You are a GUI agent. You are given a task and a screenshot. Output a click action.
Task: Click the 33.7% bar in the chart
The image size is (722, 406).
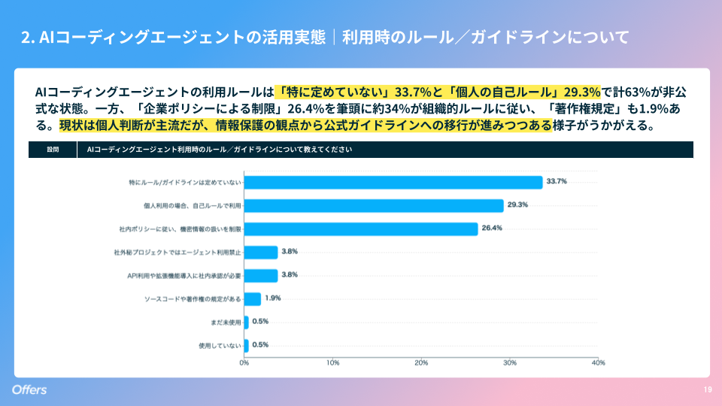(393, 182)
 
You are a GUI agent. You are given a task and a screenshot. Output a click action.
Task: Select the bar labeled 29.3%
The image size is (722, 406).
(374, 205)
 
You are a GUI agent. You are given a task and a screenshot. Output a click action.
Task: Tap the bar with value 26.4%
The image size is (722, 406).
(361, 229)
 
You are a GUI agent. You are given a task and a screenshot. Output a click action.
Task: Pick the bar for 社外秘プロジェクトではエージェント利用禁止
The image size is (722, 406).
(261, 252)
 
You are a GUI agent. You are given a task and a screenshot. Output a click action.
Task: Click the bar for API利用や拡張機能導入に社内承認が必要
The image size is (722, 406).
(261, 275)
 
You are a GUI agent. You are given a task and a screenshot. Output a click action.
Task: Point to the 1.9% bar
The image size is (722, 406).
(253, 298)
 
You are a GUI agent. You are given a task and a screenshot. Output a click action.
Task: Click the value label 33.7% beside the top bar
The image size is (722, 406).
(557, 181)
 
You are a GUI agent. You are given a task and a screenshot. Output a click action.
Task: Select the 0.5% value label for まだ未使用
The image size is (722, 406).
(260, 321)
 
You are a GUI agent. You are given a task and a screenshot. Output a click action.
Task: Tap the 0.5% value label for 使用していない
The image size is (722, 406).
(260, 344)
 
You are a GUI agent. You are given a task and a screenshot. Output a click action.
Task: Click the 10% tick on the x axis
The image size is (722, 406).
(332, 363)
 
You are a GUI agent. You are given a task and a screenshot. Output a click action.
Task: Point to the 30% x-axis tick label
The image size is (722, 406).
(510, 363)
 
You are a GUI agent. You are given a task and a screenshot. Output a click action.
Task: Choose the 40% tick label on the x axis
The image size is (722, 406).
(599, 363)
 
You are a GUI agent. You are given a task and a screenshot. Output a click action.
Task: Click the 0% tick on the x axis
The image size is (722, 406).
(244, 363)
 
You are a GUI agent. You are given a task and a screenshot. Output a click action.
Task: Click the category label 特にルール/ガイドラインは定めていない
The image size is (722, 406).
(185, 183)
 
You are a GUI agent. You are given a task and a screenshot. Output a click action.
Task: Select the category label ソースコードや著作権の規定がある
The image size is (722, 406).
(193, 298)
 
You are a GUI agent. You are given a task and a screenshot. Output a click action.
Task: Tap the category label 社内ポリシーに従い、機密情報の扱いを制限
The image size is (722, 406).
(180, 229)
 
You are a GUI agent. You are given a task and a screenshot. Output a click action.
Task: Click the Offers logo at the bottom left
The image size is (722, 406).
(29, 389)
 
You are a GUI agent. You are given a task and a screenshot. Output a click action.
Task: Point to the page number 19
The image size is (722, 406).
(708, 389)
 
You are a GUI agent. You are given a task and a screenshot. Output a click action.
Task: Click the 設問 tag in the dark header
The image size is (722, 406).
(53, 150)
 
